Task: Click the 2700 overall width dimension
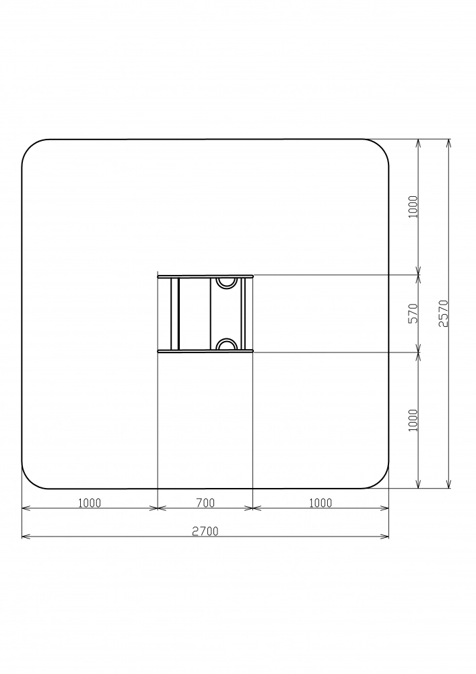(x=205, y=531)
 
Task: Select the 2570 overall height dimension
(x=444, y=313)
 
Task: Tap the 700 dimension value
(x=205, y=502)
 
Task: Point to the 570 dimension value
(x=413, y=313)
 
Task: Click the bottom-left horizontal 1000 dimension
(x=90, y=502)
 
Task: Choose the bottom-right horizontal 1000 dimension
(x=320, y=502)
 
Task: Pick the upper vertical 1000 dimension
(x=413, y=207)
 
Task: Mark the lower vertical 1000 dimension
(x=413, y=420)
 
